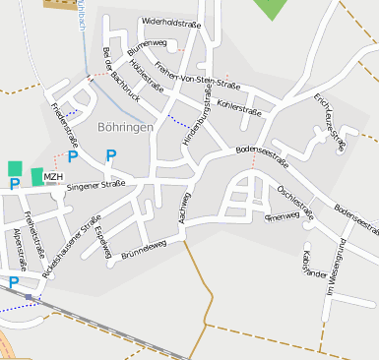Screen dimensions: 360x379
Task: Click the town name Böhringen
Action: coord(125,128)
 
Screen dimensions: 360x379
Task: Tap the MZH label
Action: coord(53,177)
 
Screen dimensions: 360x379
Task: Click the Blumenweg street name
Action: coord(147,45)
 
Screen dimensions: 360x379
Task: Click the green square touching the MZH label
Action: coord(36,176)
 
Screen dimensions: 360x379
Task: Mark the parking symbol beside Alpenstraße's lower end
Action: coord(14,282)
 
